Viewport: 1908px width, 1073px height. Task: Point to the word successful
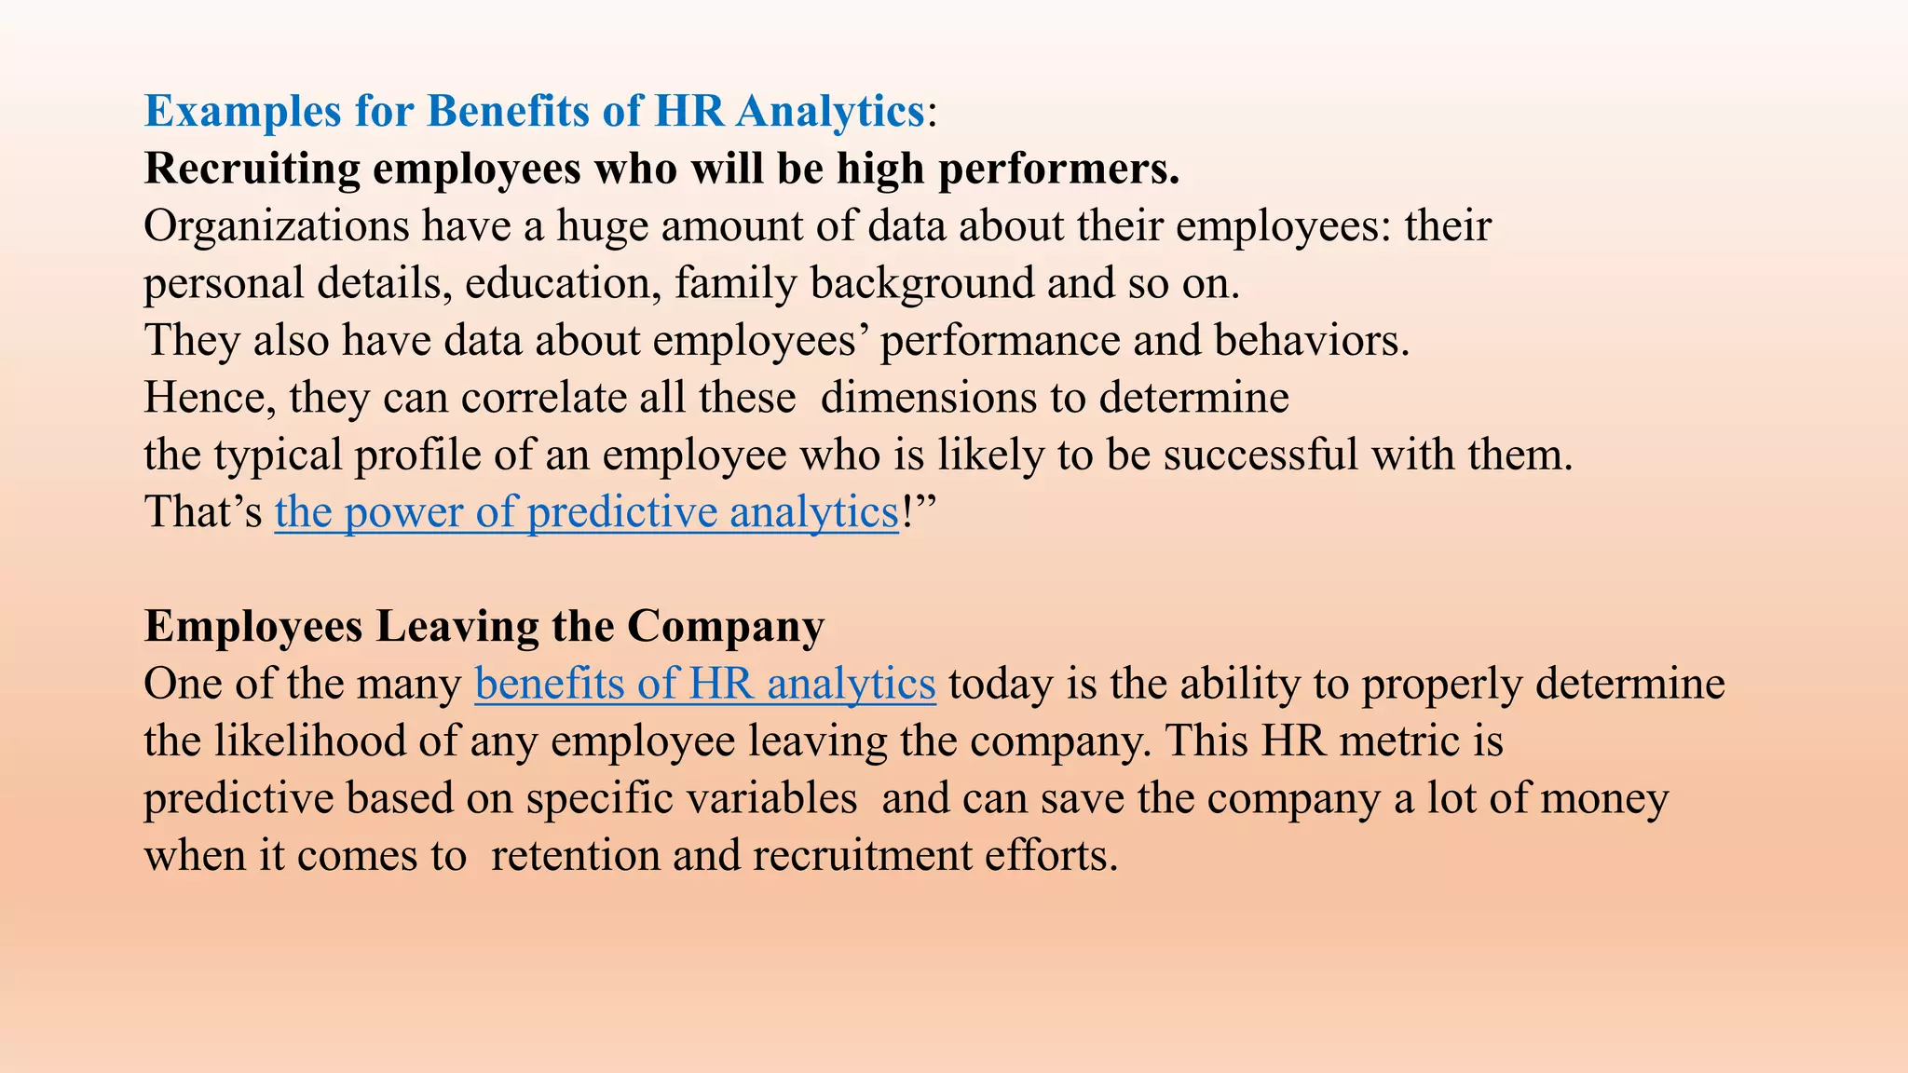pos(1261,455)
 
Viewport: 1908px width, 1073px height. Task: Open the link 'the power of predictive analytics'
pos(586,512)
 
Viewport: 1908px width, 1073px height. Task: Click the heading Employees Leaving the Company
pos(484,627)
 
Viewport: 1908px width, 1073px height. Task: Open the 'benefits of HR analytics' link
pos(704,685)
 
